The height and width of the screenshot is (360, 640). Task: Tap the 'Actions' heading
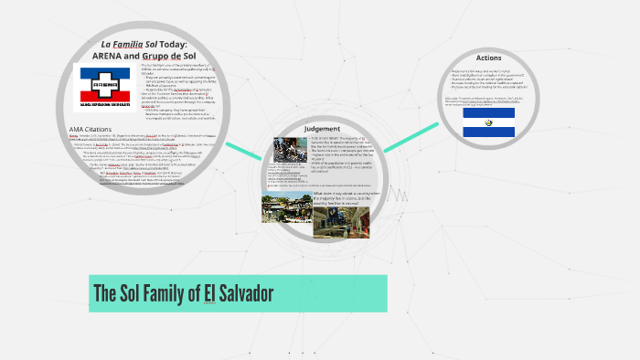click(488, 58)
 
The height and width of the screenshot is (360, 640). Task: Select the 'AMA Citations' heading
click(96, 128)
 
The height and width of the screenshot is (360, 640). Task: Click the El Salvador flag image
click(488, 122)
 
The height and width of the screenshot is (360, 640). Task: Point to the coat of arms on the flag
click(488, 122)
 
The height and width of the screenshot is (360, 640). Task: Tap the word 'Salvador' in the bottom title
click(247, 294)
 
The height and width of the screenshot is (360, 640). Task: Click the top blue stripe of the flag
click(488, 112)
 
